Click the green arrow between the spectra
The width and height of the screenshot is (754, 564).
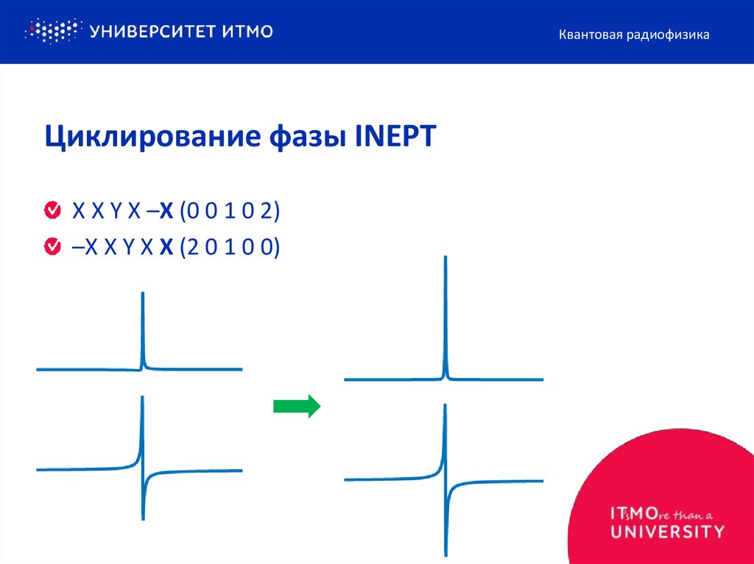coord(297,405)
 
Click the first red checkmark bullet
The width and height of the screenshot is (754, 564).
coord(52,211)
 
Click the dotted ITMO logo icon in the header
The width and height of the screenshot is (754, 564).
coord(52,31)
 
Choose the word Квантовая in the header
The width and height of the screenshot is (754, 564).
coord(590,35)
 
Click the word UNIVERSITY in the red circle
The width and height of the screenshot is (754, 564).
coord(666,531)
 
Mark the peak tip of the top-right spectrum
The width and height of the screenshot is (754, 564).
coord(444,257)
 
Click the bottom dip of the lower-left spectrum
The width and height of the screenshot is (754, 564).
coord(143,518)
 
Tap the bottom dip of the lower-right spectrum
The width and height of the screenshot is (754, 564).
coord(445,553)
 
